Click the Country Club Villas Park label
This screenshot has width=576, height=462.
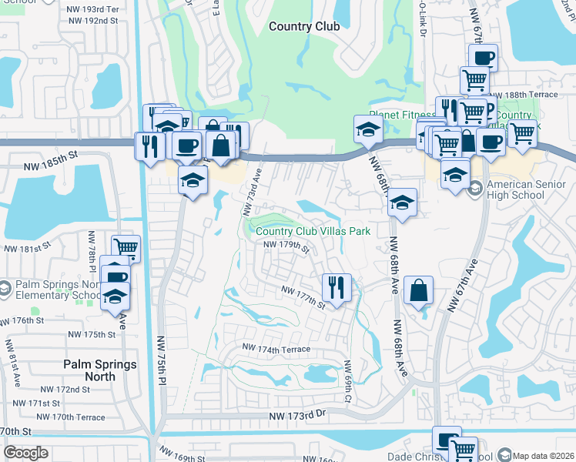tap(313, 231)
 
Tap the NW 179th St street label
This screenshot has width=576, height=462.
tap(286, 246)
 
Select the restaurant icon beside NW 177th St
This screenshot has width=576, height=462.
tap(337, 287)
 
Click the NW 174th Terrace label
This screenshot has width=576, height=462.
tap(276, 349)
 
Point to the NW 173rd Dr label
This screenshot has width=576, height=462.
tap(298, 416)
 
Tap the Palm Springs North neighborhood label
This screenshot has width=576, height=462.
tap(100, 370)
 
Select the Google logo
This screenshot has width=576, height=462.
tap(25, 453)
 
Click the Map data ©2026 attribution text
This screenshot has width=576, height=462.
tap(543, 455)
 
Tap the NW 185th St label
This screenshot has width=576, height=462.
tap(50, 155)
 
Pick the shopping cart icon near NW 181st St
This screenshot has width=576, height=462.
tap(126, 248)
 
